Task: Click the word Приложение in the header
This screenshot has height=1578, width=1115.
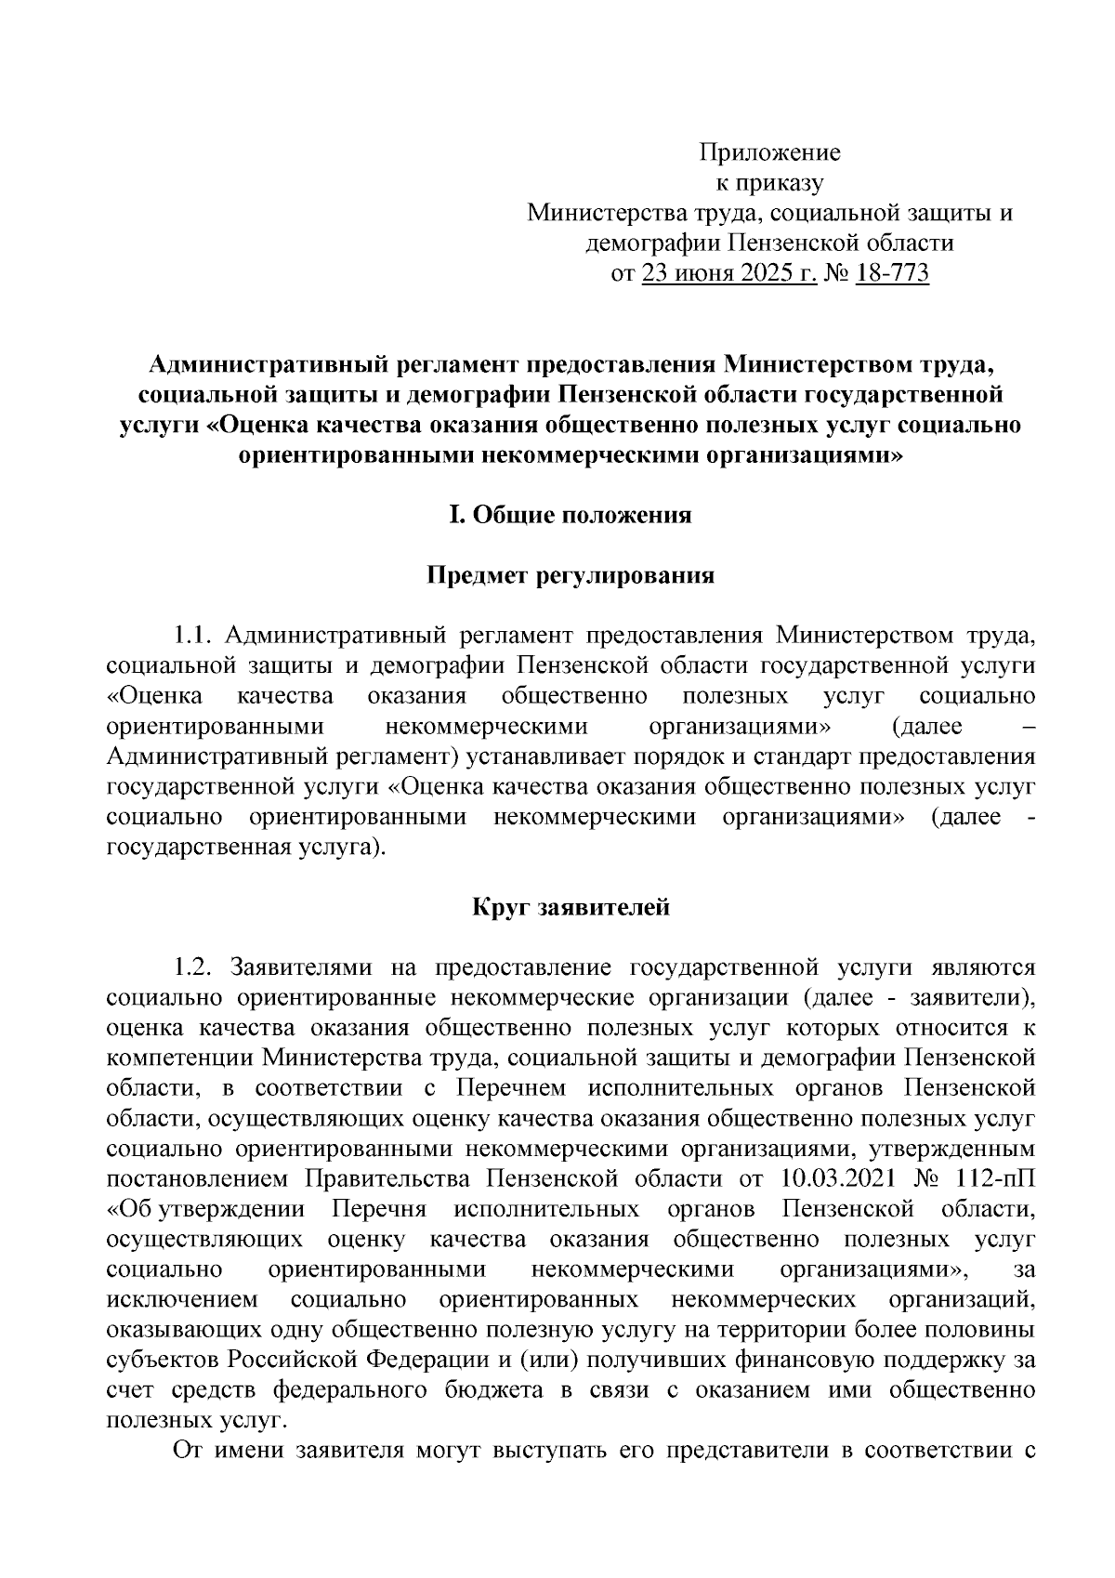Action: (x=769, y=152)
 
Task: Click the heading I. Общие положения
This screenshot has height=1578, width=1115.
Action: (x=571, y=515)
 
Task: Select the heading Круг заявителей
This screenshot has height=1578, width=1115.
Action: (x=571, y=906)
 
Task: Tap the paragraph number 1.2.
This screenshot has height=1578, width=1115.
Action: (x=194, y=967)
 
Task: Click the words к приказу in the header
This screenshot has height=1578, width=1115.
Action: (x=769, y=183)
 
